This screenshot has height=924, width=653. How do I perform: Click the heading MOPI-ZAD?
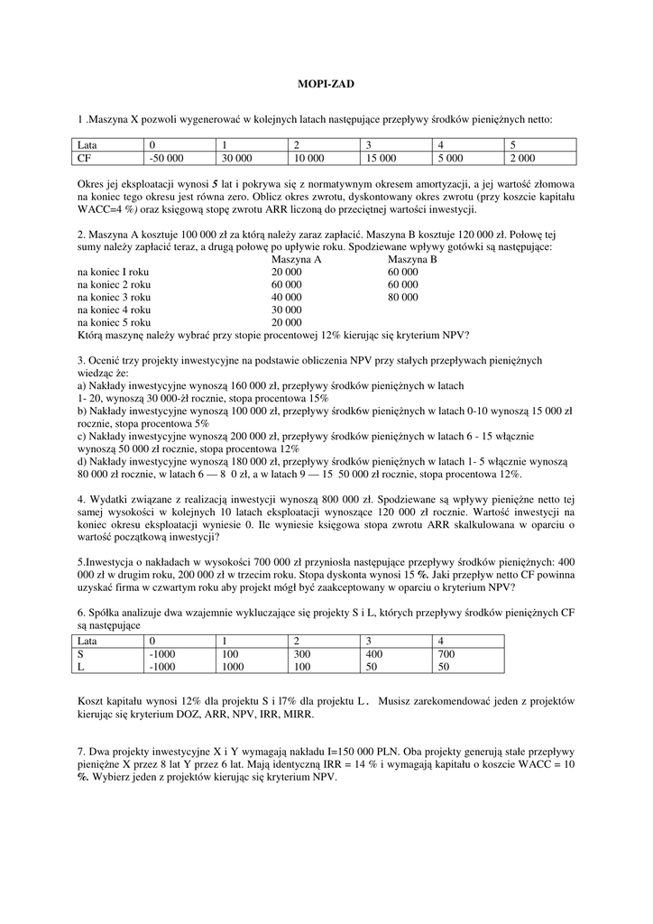pos(326,84)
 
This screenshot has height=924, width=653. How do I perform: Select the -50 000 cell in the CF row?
pos(167,158)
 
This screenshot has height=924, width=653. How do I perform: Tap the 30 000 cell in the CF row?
pos(237,158)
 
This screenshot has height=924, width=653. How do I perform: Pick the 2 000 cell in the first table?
pos(521,158)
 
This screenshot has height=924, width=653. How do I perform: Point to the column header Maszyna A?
pos(296,260)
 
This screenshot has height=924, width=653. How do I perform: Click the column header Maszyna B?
pos(412,260)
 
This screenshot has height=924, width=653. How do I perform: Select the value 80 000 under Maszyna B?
pos(402,297)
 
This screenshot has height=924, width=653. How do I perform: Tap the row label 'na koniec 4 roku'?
pos(115,310)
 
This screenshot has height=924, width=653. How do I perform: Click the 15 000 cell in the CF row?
pos(381,158)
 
